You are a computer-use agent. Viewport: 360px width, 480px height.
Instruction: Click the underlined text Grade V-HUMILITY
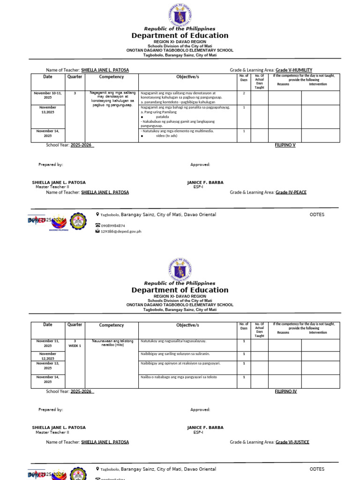pos(293,70)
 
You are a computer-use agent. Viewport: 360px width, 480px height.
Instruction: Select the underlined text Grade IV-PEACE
pos(291,192)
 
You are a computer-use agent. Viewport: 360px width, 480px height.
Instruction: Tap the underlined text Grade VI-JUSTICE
pos(292,442)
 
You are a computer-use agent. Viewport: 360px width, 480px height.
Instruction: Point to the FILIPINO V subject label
pos(285,145)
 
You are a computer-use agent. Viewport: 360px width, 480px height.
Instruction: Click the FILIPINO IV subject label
pos(285,391)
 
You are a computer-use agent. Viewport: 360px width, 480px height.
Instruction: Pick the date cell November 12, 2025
pos(48,356)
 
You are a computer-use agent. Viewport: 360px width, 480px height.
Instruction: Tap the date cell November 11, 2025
pos(48,343)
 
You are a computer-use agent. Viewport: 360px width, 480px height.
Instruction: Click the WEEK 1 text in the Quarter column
pos(75,346)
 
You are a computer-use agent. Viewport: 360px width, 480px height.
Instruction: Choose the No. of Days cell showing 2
pos(244,93)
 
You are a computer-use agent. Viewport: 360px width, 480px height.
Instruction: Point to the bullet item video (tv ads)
pos(166,135)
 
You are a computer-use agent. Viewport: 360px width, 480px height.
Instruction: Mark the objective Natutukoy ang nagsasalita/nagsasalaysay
pos(173,341)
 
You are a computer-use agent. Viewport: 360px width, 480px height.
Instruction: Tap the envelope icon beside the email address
pos(97,231)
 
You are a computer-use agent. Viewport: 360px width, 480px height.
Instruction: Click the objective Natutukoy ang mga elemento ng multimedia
pos(177,131)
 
